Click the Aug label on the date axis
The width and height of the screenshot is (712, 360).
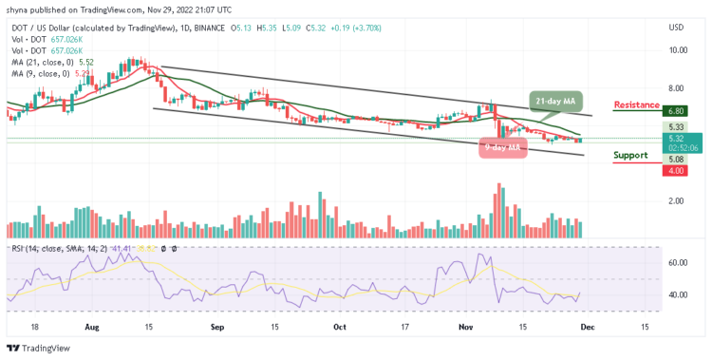tap(92, 325)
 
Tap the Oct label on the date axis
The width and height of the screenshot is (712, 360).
tap(340, 325)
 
